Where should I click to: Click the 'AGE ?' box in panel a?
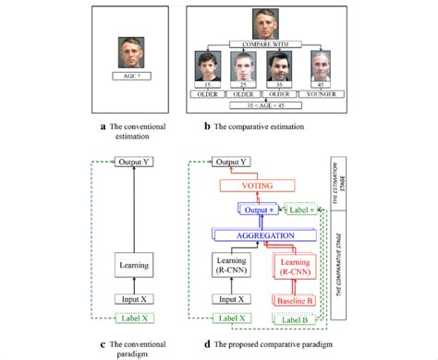coord(133,80)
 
